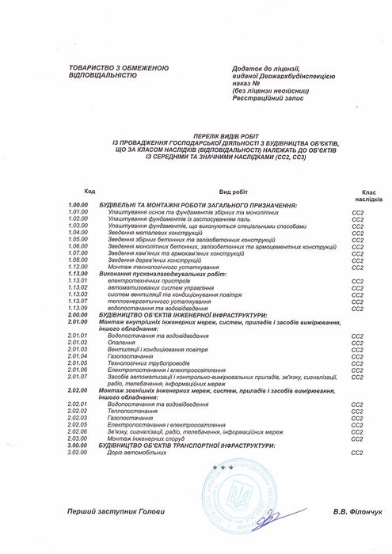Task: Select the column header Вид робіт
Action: coord(233,192)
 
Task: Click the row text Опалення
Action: coord(118,341)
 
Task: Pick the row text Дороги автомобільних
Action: coord(129,452)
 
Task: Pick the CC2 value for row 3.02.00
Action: coord(356,452)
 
